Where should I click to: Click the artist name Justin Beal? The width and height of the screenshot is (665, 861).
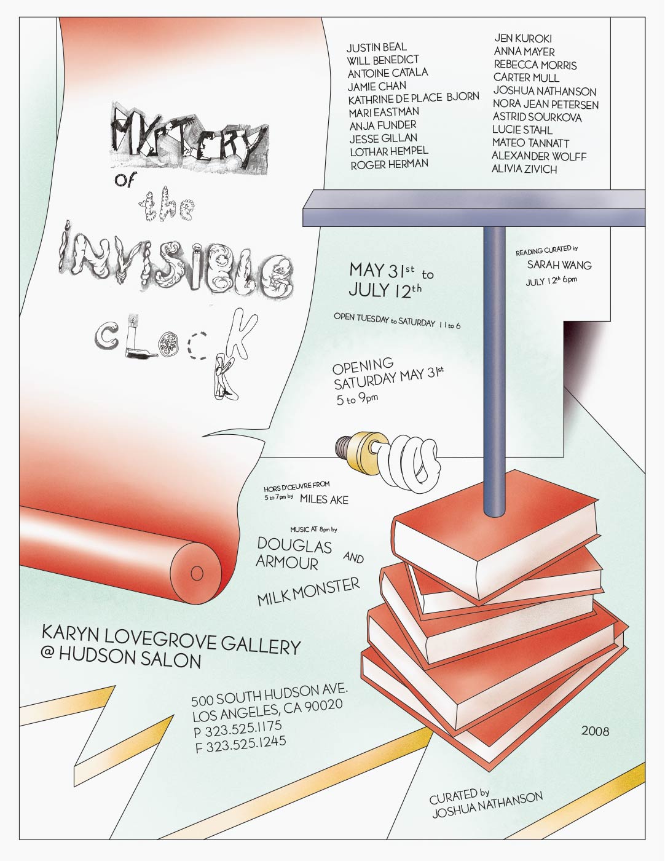pyautogui.click(x=376, y=47)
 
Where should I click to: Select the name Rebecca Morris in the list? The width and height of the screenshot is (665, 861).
pyautogui.click(x=535, y=65)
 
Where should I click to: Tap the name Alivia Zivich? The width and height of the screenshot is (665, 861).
pyautogui.click(x=524, y=169)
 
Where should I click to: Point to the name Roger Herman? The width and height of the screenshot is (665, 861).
pyautogui.click(x=390, y=164)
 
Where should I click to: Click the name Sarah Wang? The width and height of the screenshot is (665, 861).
pyautogui.click(x=559, y=264)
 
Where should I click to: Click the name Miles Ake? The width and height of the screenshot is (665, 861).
pyautogui.click(x=324, y=499)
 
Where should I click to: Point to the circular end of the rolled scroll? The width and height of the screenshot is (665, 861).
pyautogui.click(x=197, y=573)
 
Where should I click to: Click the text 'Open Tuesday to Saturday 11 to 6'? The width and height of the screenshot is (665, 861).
pyautogui.click(x=397, y=321)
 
